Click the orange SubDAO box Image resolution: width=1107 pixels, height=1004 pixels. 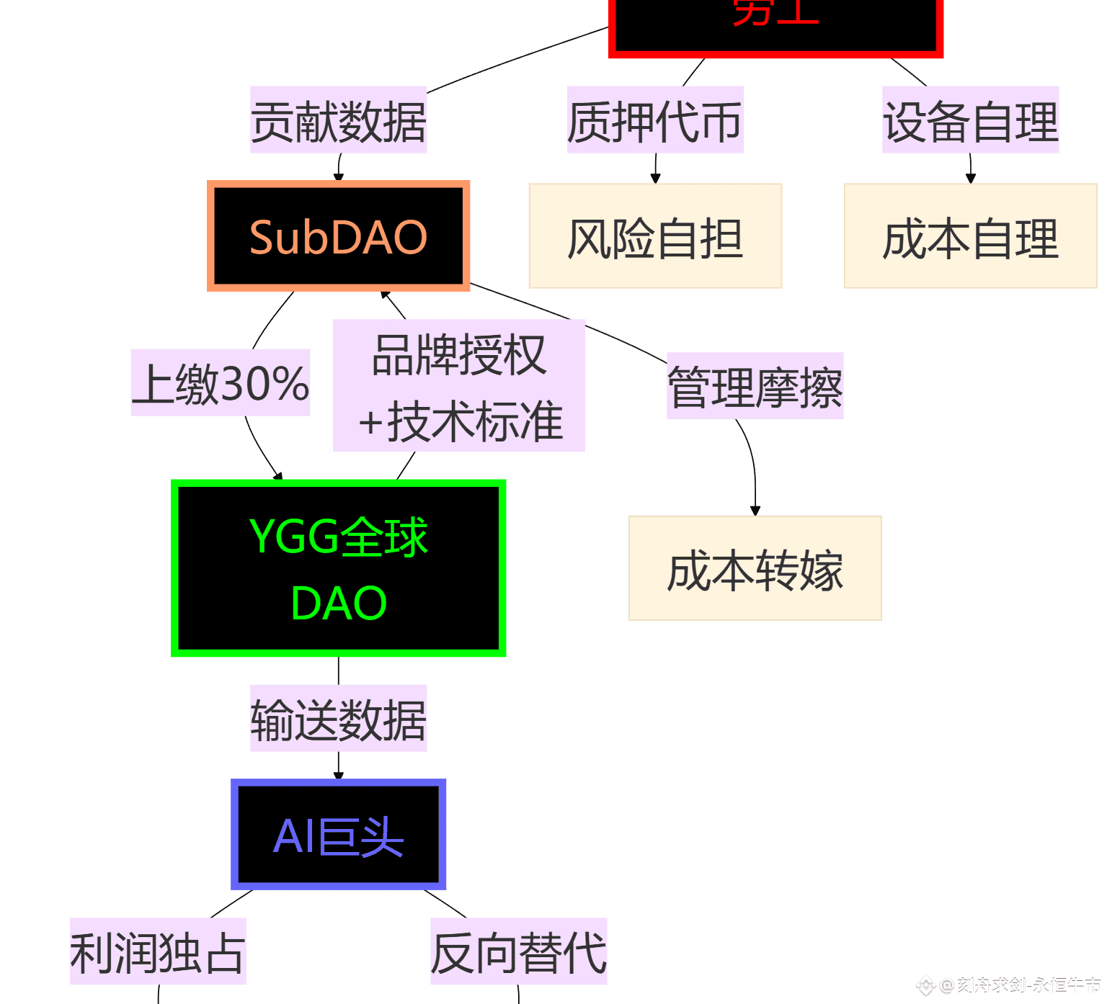click(x=338, y=236)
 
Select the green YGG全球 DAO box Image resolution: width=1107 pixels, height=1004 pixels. click(x=338, y=568)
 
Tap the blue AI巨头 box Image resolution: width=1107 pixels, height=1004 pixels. click(x=338, y=834)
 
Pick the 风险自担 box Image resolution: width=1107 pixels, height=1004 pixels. click(x=655, y=236)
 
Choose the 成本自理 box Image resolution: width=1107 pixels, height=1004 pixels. click(x=970, y=236)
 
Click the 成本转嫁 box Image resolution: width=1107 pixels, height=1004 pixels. click(x=755, y=568)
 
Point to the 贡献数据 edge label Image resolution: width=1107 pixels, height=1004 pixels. click(x=338, y=120)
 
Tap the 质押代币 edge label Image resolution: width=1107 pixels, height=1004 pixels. click(x=654, y=120)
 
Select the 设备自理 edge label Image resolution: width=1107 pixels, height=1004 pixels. click(x=970, y=120)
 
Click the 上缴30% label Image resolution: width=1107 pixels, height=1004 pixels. click(x=221, y=383)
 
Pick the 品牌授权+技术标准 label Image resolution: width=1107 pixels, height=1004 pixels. click(x=459, y=386)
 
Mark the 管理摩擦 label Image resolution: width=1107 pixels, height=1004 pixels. click(x=755, y=386)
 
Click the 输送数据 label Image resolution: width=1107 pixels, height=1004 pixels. click(x=338, y=719)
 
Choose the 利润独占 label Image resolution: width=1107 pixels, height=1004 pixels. click(x=158, y=951)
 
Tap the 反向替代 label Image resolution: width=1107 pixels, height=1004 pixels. click(x=518, y=951)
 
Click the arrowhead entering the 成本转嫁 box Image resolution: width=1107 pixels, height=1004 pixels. click(x=755, y=511)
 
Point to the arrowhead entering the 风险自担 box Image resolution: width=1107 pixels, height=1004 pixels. click(x=655, y=179)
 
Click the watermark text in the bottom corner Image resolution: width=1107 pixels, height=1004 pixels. click(x=1020, y=985)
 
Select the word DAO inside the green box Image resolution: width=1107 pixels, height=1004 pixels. click(x=339, y=603)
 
